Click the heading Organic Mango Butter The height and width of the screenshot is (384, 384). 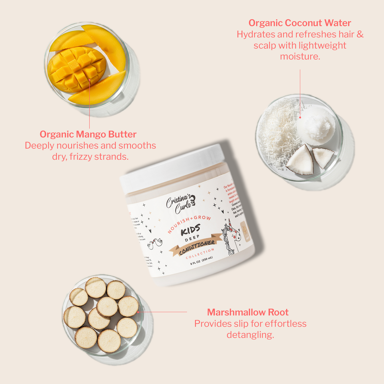88,134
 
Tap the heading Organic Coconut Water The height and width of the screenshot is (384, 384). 300,23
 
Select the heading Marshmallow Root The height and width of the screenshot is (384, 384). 248,312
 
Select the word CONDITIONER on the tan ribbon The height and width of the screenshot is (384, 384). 197,247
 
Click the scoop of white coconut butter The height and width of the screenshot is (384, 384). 316,125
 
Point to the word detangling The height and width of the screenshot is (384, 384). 250,335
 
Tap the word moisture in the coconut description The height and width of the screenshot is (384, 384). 300,57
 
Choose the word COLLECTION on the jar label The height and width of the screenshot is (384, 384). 200,254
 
